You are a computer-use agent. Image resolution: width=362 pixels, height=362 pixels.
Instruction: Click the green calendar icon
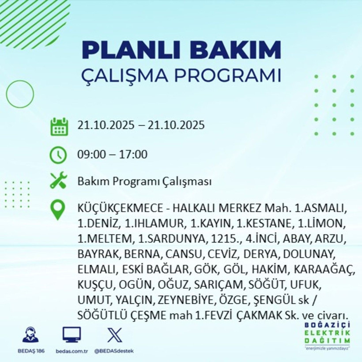point(59,126)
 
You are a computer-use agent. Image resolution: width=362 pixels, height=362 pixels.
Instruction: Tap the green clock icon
point(59,155)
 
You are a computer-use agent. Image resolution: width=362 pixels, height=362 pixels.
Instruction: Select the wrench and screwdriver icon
point(59,181)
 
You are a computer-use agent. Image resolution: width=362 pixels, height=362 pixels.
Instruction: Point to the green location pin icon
point(59,210)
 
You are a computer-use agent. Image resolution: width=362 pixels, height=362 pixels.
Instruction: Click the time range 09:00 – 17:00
point(112,155)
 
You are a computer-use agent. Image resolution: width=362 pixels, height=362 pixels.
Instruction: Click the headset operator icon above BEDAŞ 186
point(30,335)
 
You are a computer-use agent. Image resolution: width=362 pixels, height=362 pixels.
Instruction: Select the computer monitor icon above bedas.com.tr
point(71,335)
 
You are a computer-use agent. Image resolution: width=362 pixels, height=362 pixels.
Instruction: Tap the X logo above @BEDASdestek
point(114,335)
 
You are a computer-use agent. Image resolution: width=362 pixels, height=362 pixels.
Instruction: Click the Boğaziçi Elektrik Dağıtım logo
point(327,336)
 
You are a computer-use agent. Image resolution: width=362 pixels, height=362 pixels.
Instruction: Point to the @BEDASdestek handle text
point(114,351)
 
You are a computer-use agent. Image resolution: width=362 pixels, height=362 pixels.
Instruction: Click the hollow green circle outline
point(20,94)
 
